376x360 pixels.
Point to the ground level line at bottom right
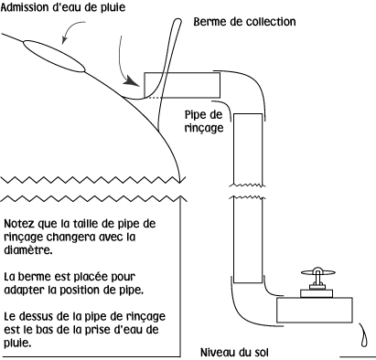pyautogui.click(x=358, y=351)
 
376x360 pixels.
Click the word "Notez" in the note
pyautogui.click(x=21, y=223)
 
